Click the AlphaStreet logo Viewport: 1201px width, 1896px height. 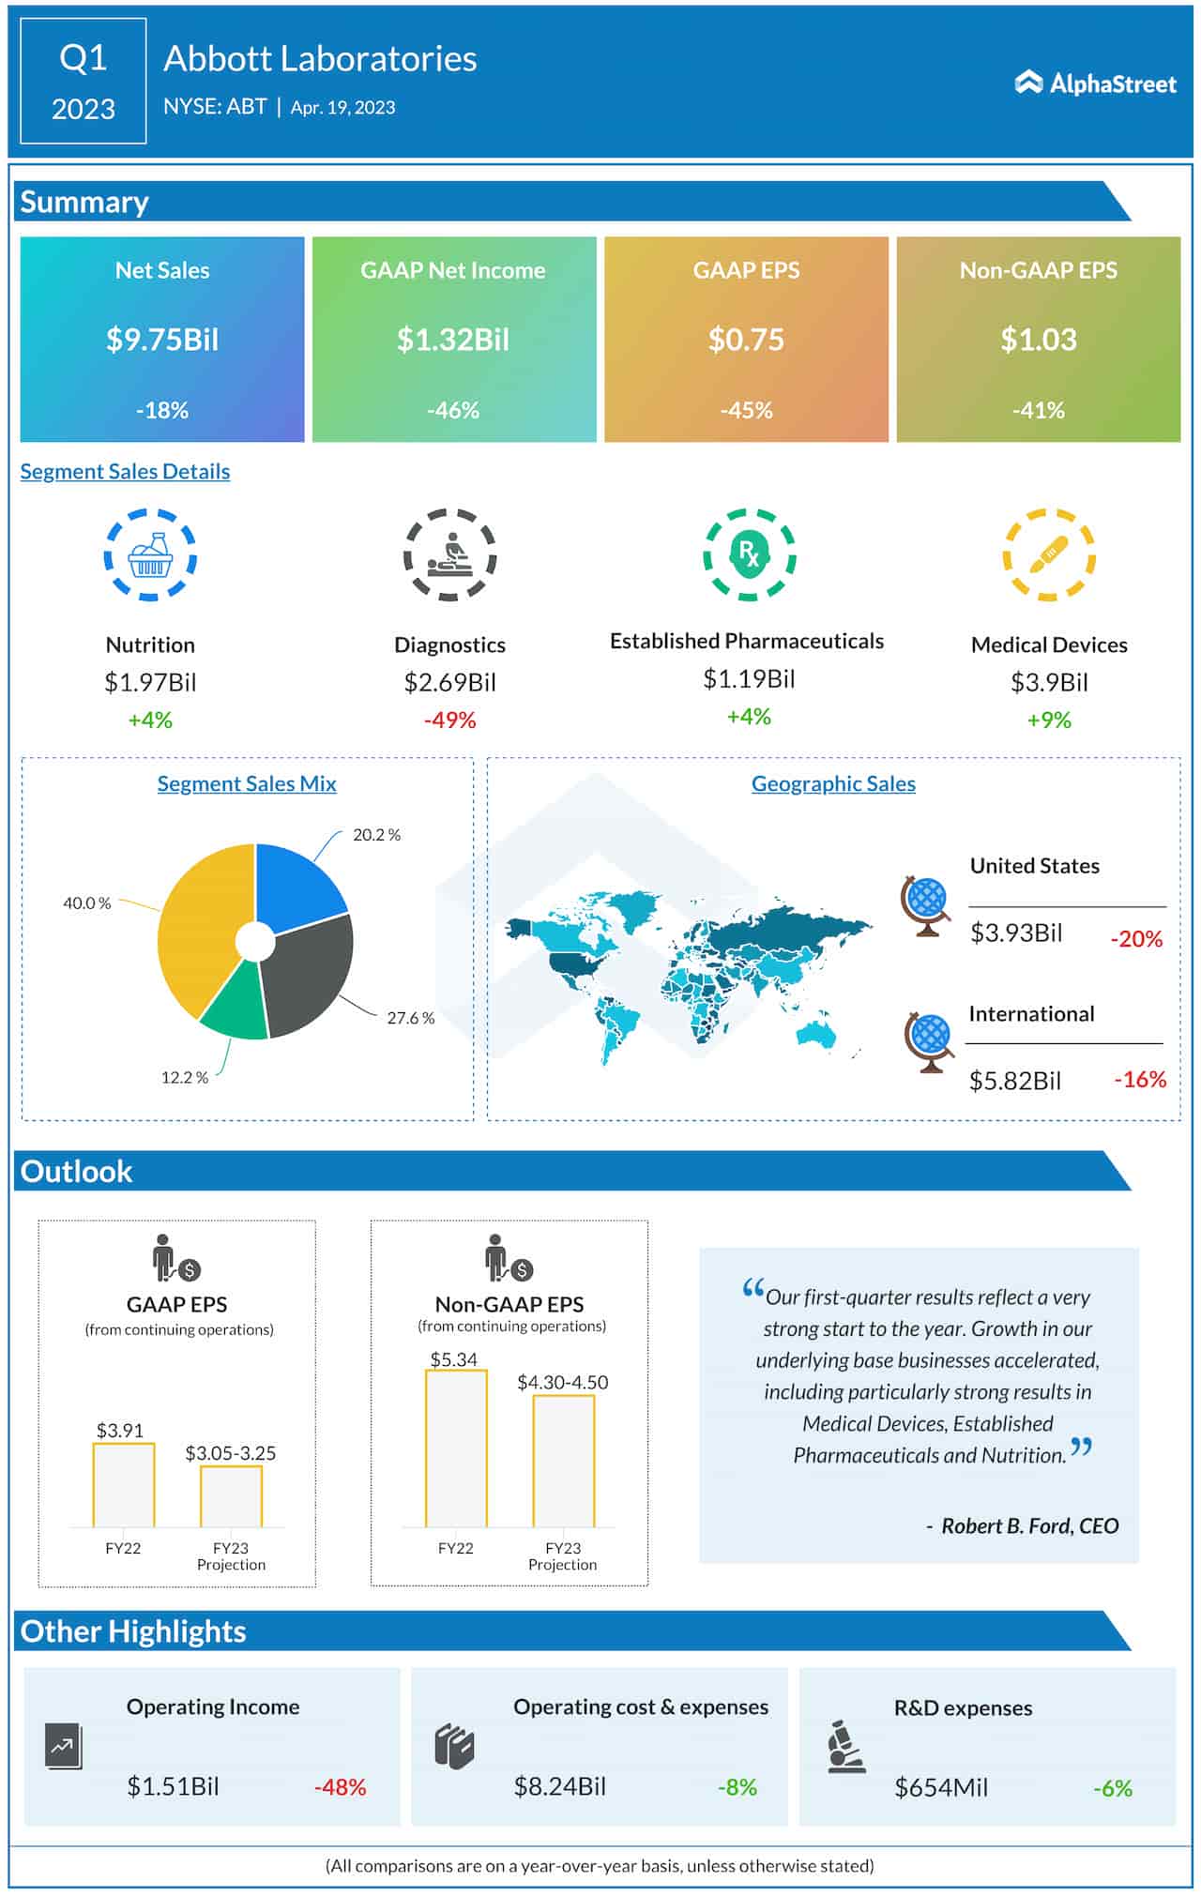(x=1095, y=83)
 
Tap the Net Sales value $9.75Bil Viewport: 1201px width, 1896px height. (x=162, y=339)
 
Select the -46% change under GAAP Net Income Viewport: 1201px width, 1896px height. (x=453, y=410)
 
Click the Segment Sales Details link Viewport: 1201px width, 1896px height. (x=125, y=471)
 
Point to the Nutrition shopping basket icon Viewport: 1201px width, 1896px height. (x=150, y=555)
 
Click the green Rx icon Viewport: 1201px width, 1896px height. (x=749, y=554)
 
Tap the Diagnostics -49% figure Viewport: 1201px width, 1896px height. (x=449, y=720)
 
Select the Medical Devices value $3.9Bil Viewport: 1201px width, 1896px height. (x=1049, y=682)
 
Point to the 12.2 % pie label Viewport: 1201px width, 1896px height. (x=184, y=1077)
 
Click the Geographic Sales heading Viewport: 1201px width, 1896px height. (x=833, y=783)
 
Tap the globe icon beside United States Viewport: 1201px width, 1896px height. (x=925, y=905)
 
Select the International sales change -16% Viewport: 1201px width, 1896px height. (x=1139, y=1080)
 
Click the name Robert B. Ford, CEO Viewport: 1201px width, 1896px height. (x=1029, y=1526)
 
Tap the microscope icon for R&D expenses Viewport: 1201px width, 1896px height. (x=846, y=1747)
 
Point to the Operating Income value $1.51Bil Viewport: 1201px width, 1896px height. (x=173, y=1786)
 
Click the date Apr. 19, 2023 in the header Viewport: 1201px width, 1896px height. (x=342, y=107)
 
